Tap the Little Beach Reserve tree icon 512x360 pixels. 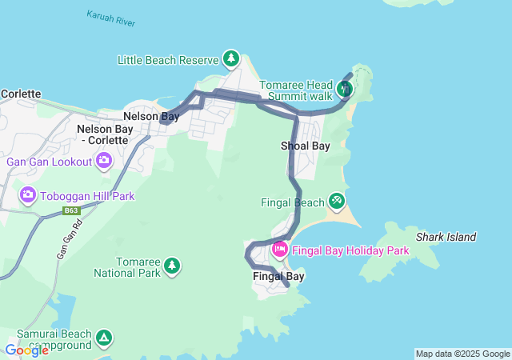pos(231,58)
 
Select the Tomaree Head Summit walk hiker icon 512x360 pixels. pos(344,89)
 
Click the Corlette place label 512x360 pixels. pos(21,94)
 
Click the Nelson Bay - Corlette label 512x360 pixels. pos(102,134)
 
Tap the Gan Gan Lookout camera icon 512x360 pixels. pos(104,162)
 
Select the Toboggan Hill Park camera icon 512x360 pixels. pos(28,195)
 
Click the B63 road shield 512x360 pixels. pos(73,211)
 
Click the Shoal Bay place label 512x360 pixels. pos(305,146)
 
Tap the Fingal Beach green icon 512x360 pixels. pos(337,200)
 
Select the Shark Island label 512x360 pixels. pos(446,237)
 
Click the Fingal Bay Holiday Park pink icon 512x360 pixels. pos(280,250)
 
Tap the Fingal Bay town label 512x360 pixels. pos(278,277)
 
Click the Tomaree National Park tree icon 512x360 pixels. pos(170,265)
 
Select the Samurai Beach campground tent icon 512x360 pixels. pos(104,337)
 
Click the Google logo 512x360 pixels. pos(26,350)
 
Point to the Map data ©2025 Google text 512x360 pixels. pos(462,354)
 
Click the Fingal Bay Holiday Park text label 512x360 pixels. pos(350,250)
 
